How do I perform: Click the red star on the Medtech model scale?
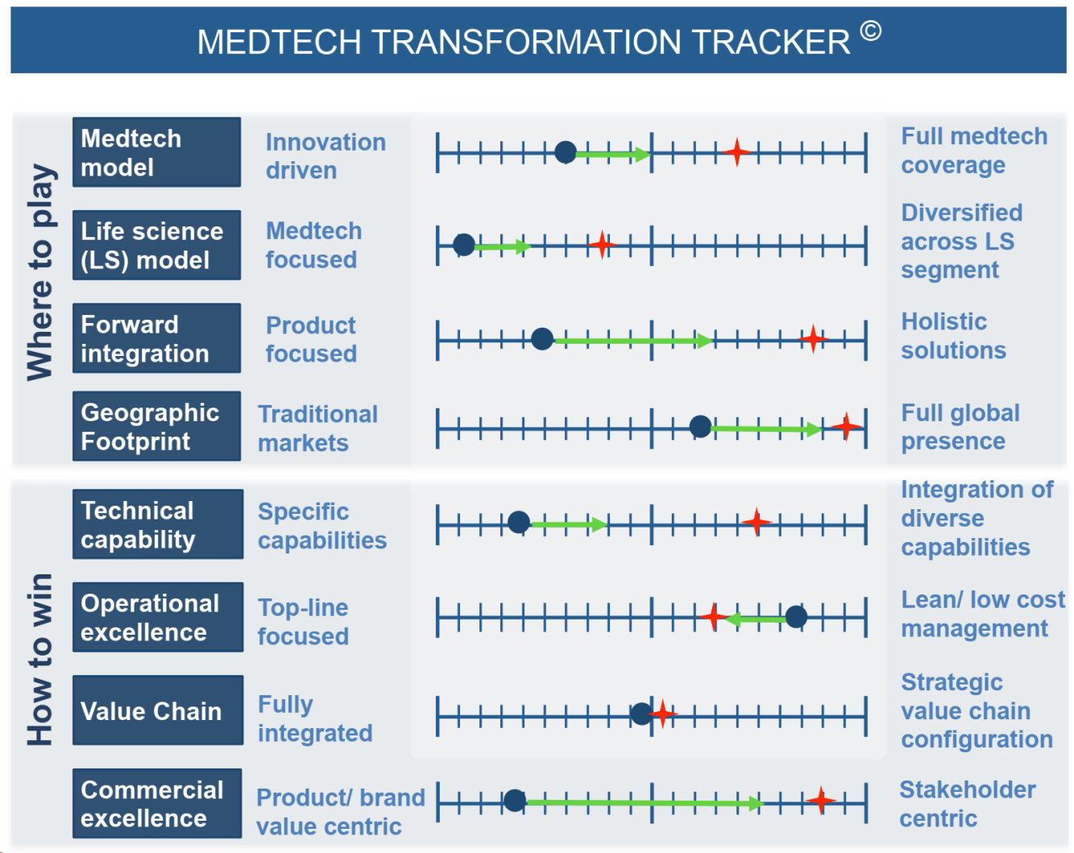click(736, 151)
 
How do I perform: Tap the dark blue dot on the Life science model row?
click(463, 245)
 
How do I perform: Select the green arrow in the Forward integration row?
click(632, 341)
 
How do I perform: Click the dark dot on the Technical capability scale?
click(518, 522)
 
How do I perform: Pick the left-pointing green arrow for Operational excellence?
click(756, 619)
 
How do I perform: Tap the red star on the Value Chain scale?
click(662, 713)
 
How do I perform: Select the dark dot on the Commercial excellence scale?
click(514, 800)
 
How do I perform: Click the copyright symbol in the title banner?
click(870, 31)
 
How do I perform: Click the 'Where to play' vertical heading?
click(40, 272)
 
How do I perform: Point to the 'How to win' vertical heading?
click(40, 659)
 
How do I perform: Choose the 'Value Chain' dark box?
click(158, 710)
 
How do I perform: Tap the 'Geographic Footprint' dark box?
click(156, 425)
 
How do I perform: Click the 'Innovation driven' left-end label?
click(326, 155)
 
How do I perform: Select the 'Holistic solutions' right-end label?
click(952, 335)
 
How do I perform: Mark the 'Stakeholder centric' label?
click(967, 803)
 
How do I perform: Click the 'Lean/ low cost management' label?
click(982, 614)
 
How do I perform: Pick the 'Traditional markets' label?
click(317, 428)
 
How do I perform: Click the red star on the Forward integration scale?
click(812, 338)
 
